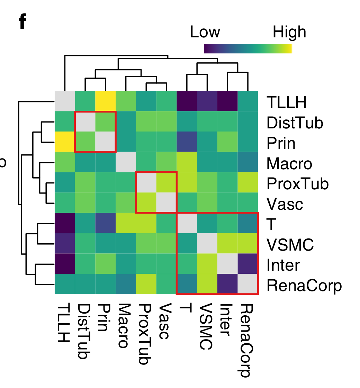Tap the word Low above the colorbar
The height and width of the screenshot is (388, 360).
point(205,32)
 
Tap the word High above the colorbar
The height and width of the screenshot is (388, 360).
point(289,32)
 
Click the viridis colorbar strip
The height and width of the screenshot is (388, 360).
point(248,48)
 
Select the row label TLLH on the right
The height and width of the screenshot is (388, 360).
point(286,102)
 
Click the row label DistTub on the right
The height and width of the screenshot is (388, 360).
point(295,123)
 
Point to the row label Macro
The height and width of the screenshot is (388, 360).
point(289,163)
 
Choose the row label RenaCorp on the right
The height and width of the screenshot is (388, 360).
point(304,286)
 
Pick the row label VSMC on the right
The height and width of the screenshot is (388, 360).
point(290,245)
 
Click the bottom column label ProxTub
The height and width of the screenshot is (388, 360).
point(145,334)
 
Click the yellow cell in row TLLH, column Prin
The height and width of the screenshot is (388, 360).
point(106,101)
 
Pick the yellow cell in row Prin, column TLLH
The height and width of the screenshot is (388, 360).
point(65,142)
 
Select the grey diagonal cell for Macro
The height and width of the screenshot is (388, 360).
point(126,162)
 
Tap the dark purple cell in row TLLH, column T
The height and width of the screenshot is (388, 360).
point(187,101)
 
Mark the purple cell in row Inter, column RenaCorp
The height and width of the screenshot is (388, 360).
point(248,264)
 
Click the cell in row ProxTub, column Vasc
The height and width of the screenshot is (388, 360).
point(166,182)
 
